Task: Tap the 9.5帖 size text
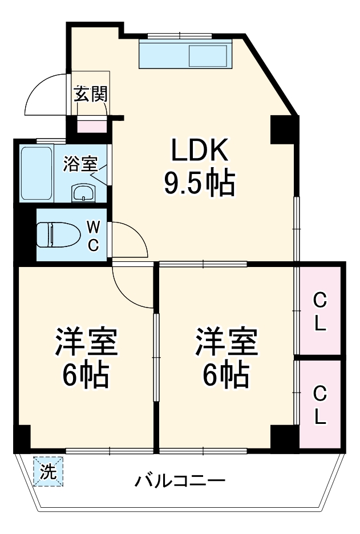tap(200, 184)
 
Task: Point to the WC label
tap(94, 236)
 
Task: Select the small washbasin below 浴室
tap(83, 193)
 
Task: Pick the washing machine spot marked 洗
tap(48, 472)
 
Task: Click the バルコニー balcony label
tap(180, 481)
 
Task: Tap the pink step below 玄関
tap(92, 126)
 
